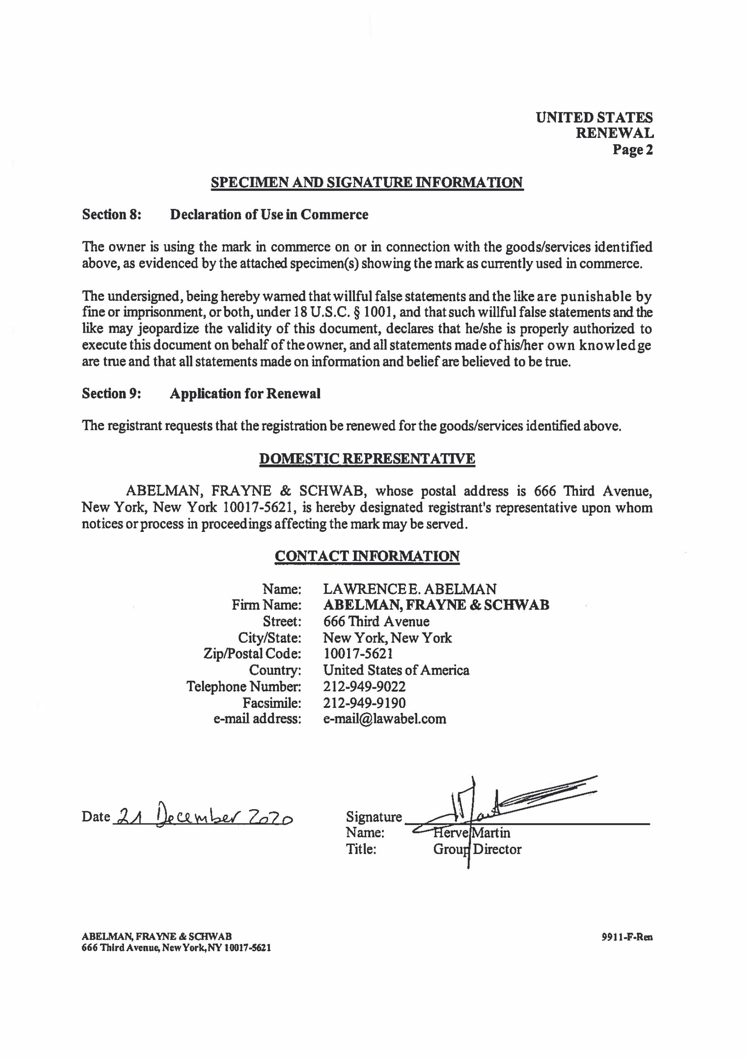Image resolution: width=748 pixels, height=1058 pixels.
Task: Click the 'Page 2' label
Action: [632, 150]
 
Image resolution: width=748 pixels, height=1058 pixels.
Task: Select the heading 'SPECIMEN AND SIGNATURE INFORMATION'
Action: [367, 183]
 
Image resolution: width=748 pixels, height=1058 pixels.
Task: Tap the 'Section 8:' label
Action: [111, 215]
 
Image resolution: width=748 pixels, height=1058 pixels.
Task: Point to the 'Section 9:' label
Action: [111, 394]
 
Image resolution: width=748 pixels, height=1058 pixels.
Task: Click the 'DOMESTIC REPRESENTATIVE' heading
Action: [367, 459]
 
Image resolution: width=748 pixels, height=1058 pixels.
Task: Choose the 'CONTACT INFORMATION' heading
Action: [367, 556]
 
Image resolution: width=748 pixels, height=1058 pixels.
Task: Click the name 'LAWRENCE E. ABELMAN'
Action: [410, 589]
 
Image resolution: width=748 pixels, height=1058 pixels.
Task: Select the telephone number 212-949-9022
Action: [364, 686]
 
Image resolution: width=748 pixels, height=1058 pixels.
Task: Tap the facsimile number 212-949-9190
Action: [364, 703]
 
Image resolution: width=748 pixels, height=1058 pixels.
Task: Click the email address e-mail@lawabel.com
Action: [384, 719]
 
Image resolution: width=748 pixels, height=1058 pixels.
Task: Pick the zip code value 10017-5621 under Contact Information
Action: [358, 654]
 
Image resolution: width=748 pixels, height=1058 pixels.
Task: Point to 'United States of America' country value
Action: [396, 670]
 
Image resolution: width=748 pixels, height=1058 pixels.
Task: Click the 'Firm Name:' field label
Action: [266, 605]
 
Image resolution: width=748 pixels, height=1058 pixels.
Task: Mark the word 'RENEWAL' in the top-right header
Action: [615, 134]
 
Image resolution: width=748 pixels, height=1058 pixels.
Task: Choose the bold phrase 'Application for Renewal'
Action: [245, 394]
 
